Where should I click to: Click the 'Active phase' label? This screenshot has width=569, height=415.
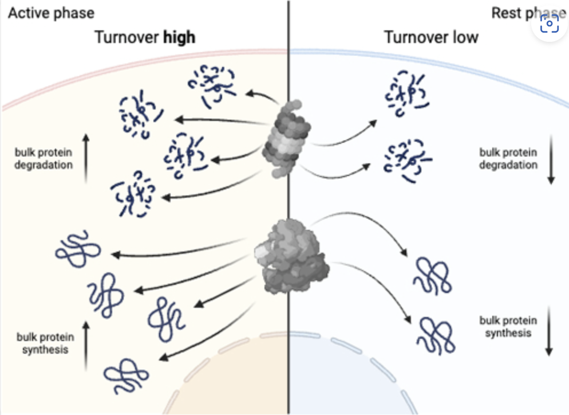51,13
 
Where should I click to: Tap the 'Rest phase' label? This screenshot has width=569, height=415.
518,13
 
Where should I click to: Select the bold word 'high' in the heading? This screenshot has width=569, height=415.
179,38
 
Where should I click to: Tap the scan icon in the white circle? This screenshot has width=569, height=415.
550,25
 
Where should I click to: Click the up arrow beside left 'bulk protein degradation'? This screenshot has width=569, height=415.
86,158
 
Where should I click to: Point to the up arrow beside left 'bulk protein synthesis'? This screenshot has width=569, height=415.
86,344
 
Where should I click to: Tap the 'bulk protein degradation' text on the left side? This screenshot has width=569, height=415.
44,159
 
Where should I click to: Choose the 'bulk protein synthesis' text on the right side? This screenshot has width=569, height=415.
508,327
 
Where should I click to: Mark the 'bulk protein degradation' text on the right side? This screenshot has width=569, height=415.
508,158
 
